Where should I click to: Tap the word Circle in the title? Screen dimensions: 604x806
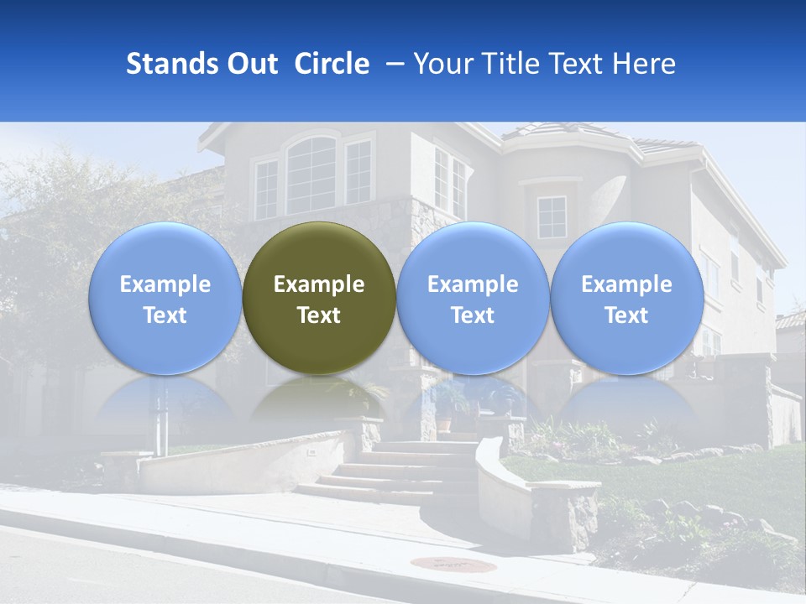[x=332, y=64]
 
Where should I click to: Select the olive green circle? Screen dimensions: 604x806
[x=319, y=298]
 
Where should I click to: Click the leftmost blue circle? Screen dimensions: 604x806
[x=165, y=298]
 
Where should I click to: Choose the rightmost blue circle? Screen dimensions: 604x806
[x=626, y=298]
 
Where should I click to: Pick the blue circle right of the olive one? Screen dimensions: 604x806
[x=473, y=298]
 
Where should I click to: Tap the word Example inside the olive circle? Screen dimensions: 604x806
[x=319, y=284]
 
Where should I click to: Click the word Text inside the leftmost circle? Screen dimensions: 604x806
[x=165, y=315]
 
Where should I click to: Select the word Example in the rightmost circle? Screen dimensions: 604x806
[x=626, y=284]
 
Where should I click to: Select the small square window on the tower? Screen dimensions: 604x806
[x=552, y=217]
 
